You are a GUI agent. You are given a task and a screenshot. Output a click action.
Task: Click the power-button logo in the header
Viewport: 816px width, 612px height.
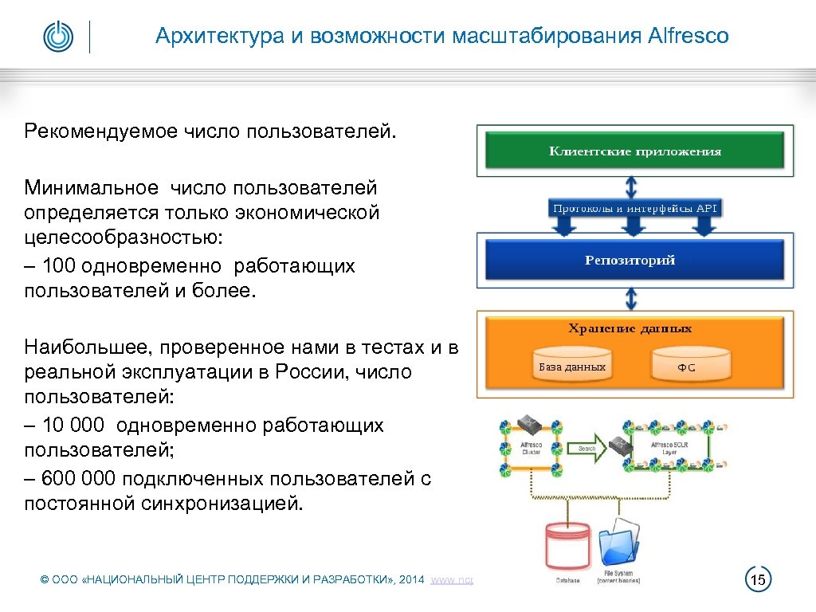57,37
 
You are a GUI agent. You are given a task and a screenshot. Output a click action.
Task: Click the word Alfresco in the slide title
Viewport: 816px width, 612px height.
688,36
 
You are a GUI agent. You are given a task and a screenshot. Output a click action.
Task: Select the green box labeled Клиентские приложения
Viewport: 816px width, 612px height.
635,150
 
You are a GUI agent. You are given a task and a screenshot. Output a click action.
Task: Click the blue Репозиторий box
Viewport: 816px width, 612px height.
630,260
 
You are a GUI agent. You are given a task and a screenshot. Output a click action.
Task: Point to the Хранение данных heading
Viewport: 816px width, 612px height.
630,328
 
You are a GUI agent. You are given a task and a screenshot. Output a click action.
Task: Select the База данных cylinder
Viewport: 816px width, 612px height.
571,367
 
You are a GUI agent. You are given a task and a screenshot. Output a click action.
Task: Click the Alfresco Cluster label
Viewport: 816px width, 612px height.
531,449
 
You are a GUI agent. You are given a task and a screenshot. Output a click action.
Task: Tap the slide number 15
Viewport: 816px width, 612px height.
758,579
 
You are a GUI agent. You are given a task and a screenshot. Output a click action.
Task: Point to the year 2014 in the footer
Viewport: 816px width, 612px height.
412,580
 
